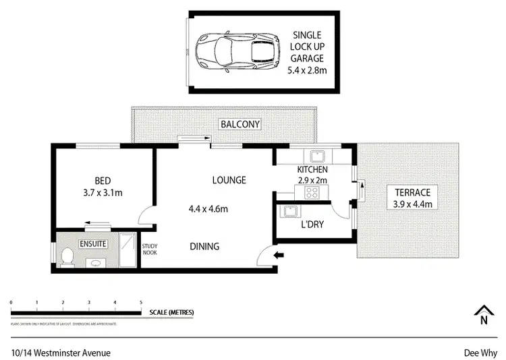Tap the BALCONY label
point(240,125)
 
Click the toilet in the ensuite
point(67,256)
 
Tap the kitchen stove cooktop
point(312,193)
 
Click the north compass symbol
point(483,313)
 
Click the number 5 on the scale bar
point(140,302)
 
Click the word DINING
point(204,247)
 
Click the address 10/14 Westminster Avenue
point(61,352)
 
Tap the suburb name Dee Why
point(480,352)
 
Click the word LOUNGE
point(229,180)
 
